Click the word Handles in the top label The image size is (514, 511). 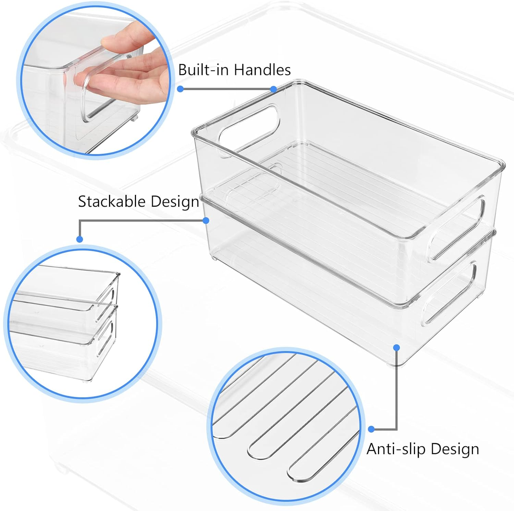point(262,70)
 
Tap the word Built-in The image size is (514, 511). point(204,70)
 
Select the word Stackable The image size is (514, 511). point(112,201)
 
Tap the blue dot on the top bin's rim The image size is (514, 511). point(273,89)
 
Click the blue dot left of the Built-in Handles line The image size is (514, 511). point(181,89)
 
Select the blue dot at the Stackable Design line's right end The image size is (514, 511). point(206,221)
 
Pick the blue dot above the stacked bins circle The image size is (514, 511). point(79,239)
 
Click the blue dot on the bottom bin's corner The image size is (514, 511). point(397,348)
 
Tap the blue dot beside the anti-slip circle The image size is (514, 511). point(371,429)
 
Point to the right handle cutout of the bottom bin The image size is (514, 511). point(450,293)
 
